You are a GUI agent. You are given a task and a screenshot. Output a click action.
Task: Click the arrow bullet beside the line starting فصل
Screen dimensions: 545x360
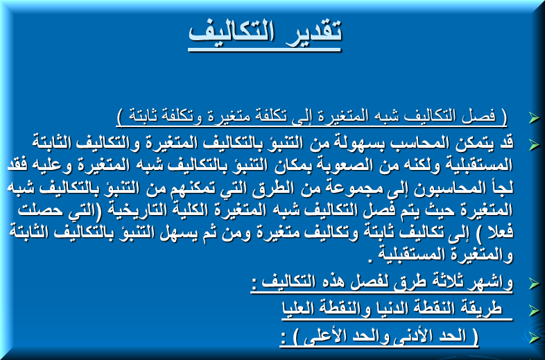[534, 117]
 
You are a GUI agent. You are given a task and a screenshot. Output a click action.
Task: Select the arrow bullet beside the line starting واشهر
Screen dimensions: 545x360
[534, 283]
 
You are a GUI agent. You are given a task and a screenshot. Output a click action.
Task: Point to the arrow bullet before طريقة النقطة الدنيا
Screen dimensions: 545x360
[534, 310]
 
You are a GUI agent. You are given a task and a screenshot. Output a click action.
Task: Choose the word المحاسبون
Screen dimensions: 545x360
[445, 188]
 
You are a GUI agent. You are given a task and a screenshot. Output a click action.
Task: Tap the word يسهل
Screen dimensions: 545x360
[179, 232]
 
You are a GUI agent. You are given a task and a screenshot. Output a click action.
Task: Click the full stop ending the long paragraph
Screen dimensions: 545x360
[370, 260]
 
